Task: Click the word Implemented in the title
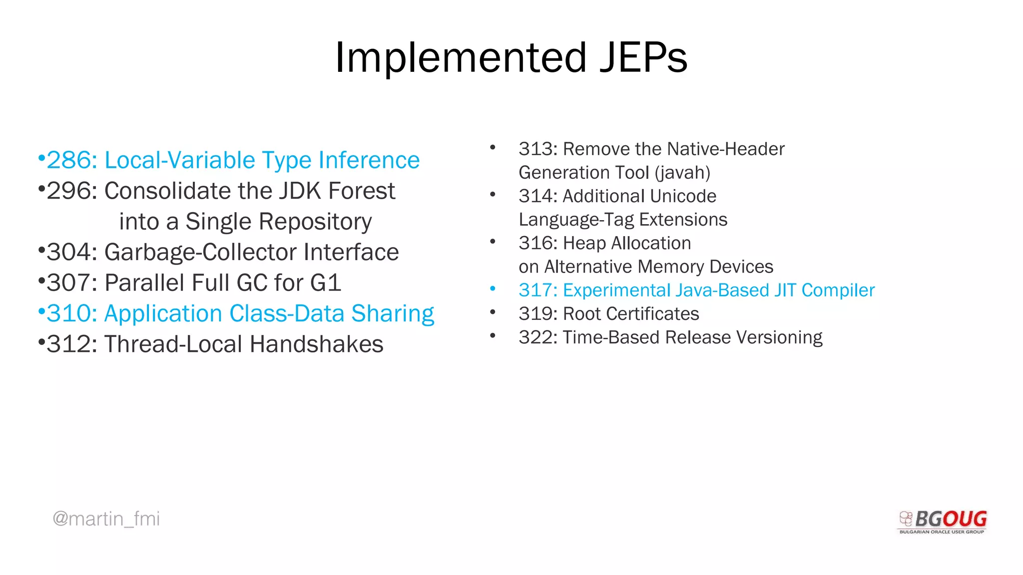pos(460,58)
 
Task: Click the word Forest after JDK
pos(362,191)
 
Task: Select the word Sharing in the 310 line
pos(393,314)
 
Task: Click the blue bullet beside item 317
pos(493,288)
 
